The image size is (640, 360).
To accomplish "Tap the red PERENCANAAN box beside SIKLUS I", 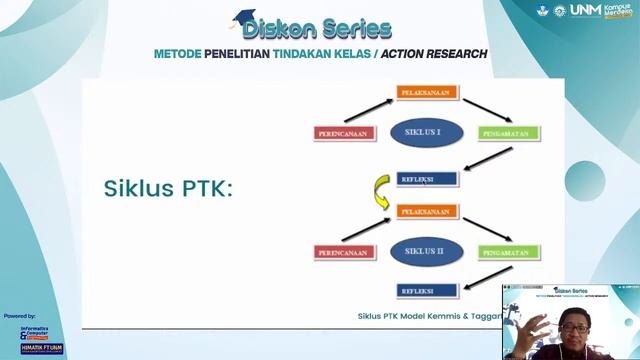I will pyautogui.click(x=343, y=133).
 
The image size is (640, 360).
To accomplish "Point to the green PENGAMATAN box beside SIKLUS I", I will pyautogui.click(x=509, y=133).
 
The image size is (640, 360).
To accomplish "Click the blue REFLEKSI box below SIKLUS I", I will pyautogui.click(x=427, y=179).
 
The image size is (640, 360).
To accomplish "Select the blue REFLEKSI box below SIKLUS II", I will pyautogui.click(x=427, y=290).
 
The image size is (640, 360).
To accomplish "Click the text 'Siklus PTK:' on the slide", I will pyautogui.click(x=168, y=189).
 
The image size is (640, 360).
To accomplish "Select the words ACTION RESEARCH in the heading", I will pyautogui.click(x=435, y=53).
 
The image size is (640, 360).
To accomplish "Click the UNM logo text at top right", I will pyautogui.click(x=583, y=11).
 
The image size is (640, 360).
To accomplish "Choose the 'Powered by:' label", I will pyautogui.click(x=20, y=315).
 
